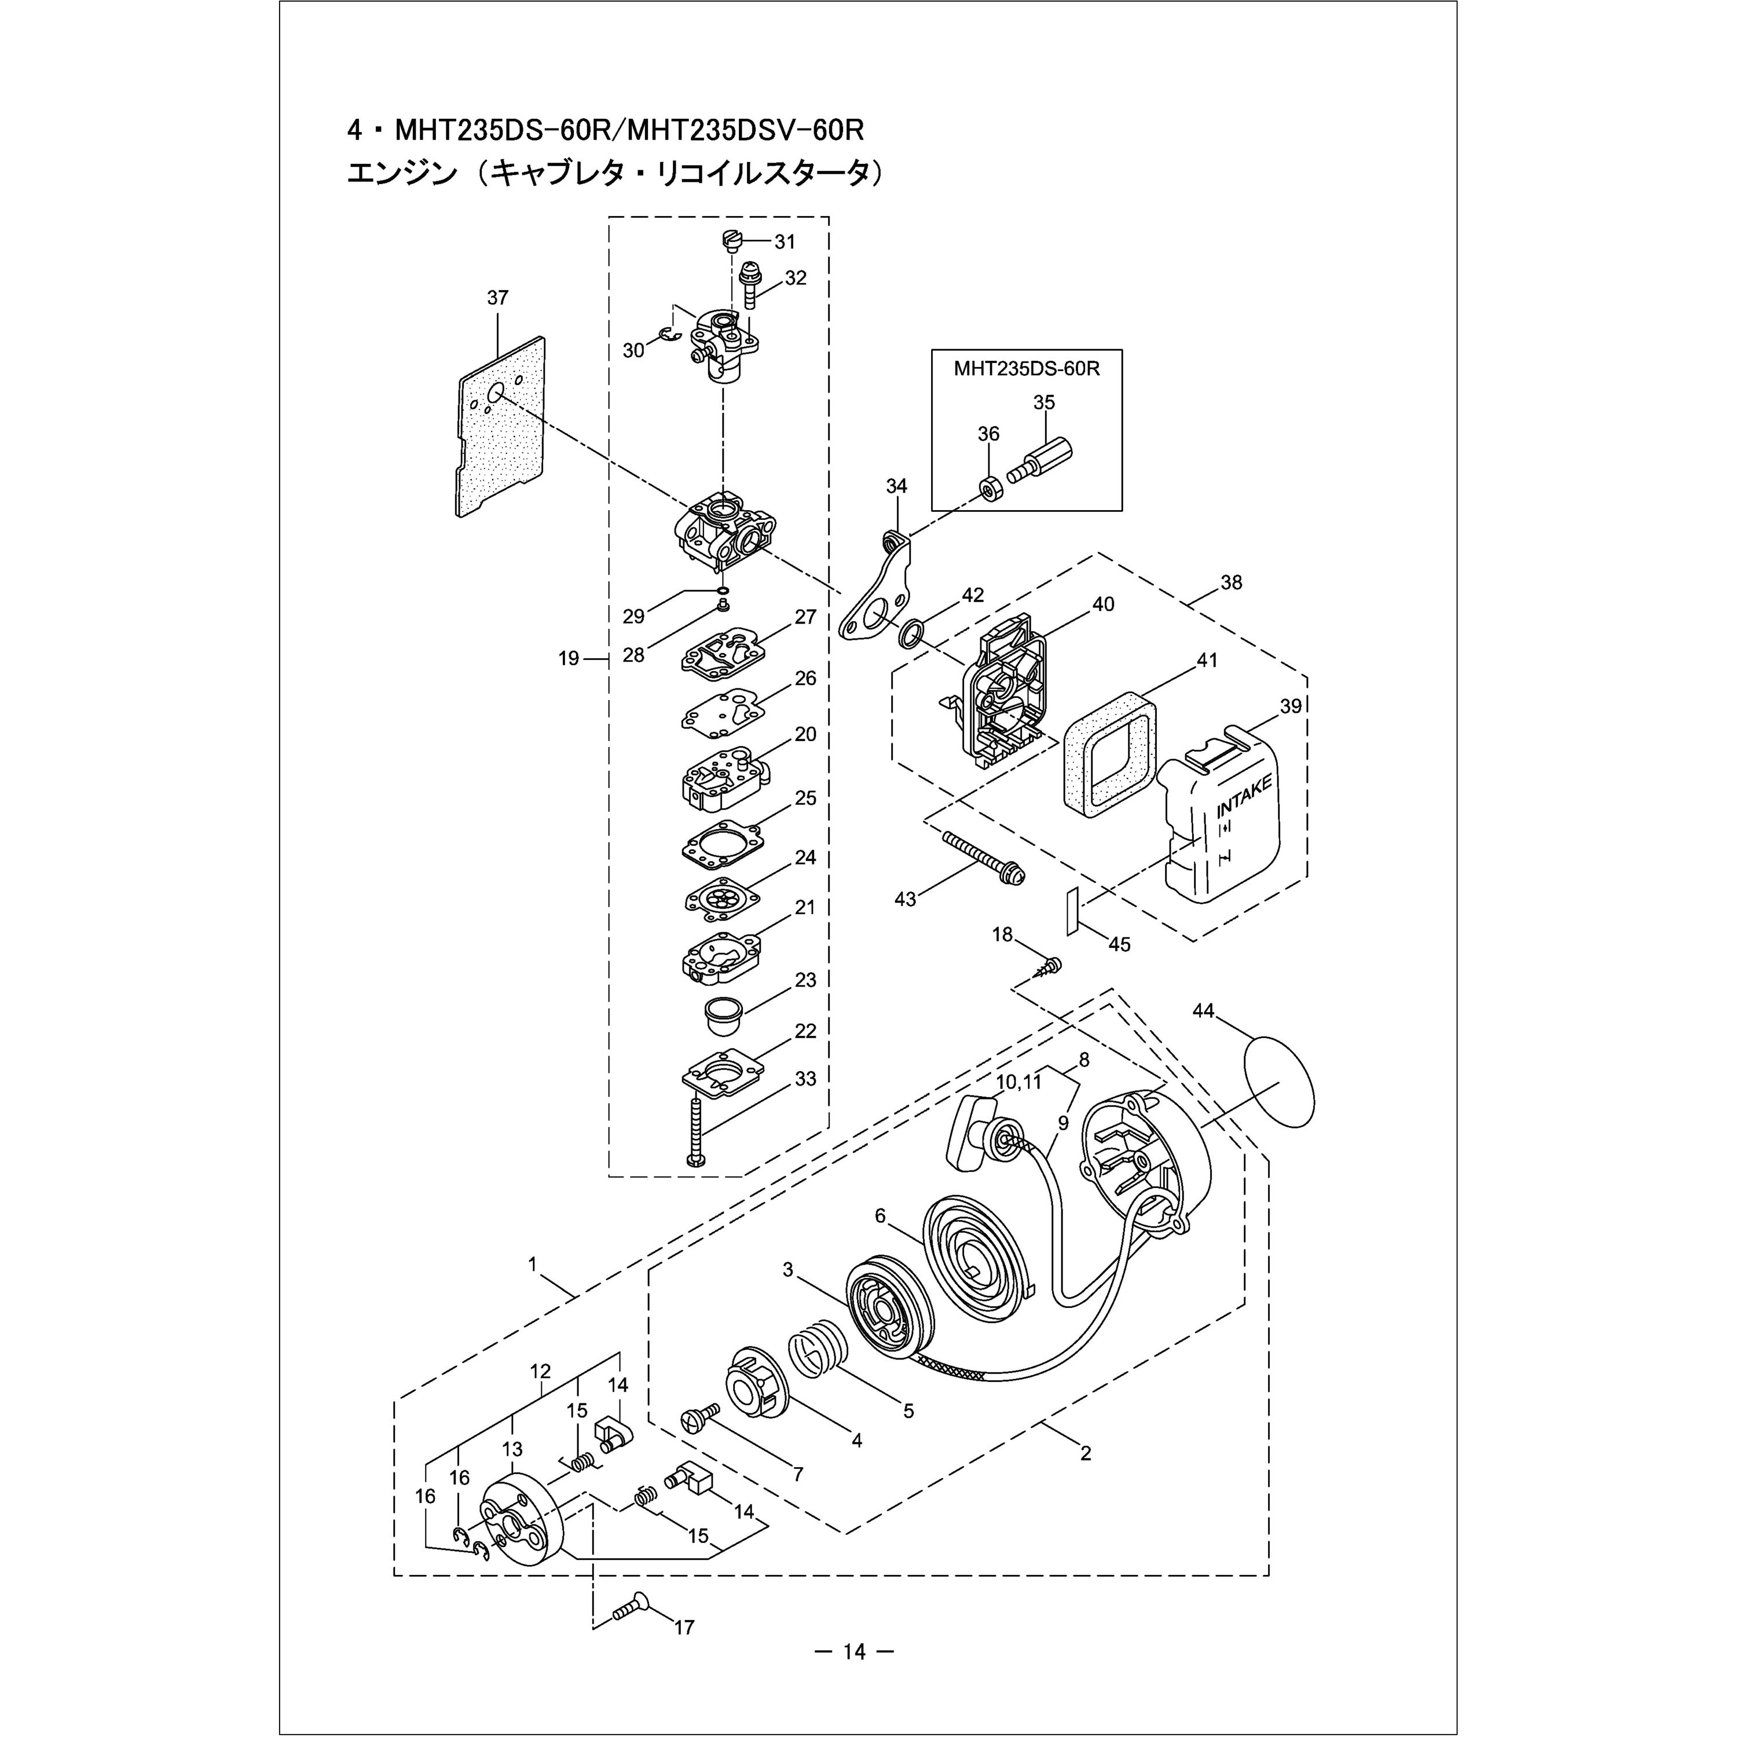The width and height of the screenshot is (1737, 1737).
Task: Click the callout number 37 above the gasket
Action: coord(497,298)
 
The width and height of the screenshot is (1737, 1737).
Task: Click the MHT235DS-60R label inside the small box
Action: coord(1027,369)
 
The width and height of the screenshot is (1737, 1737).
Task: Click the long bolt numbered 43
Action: coord(983,857)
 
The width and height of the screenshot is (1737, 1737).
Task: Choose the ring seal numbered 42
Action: coord(909,635)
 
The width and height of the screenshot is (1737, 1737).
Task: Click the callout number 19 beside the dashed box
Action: coord(568,658)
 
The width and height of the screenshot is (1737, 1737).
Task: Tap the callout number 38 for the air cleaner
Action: coord(1231,582)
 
